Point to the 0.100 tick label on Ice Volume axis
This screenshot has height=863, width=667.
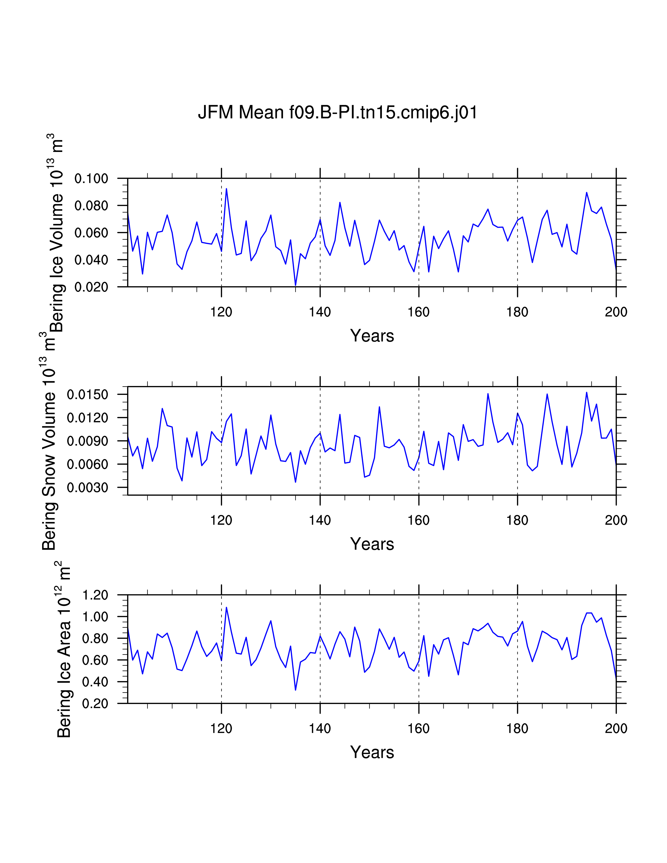point(91,179)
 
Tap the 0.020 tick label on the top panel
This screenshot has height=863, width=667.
point(91,287)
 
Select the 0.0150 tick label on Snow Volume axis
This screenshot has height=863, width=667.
point(87,395)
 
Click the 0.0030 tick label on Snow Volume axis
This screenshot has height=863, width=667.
point(87,488)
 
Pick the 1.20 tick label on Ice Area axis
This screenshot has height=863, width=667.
point(95,595)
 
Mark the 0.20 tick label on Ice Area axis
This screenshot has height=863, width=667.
point(95,704)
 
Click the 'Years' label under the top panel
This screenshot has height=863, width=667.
point(372,336)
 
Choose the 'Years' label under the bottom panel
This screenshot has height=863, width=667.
point(372,752)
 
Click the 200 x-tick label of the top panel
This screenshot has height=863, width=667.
point(616,312)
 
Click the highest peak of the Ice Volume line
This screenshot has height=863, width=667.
point(227,189)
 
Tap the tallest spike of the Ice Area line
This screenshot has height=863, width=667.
point(227,607)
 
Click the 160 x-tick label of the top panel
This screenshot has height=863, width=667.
point(419,312)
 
